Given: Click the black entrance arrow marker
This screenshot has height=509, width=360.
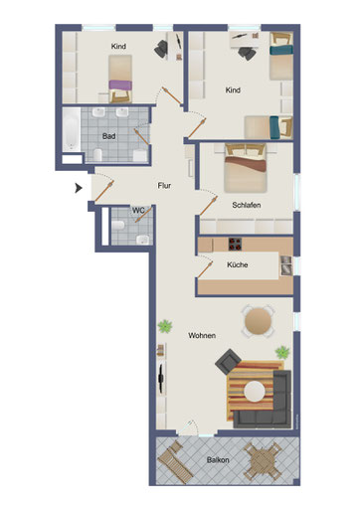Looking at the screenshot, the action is pos(79,188).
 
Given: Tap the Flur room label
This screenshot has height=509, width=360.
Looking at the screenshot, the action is pos(164,186).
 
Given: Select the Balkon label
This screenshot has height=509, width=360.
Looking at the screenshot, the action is pos(218,460).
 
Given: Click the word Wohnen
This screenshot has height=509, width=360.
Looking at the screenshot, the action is pos(202,335).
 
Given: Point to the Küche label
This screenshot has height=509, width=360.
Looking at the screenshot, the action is pos(238,264).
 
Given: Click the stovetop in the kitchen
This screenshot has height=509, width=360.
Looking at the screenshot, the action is pos(235,245).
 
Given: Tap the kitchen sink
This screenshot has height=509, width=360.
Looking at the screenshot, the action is pos(286,265).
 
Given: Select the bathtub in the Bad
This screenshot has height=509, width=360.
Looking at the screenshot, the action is pos(72,129).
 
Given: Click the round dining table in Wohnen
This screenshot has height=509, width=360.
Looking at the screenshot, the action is pos(258,321).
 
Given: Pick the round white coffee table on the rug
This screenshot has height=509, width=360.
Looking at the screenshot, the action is pos(255,392).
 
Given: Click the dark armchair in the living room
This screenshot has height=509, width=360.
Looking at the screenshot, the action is pos(228,362).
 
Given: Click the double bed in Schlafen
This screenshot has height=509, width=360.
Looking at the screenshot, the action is pos(246,168).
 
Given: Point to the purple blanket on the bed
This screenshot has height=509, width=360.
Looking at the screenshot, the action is pos(120,85).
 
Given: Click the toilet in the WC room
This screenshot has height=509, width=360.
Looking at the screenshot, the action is pos(118,226).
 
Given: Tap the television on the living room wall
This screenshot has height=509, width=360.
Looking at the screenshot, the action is pos(161,378).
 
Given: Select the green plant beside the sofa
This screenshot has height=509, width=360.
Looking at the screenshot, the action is pos(282,352).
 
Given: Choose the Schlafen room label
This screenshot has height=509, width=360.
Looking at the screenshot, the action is pos(247,205).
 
